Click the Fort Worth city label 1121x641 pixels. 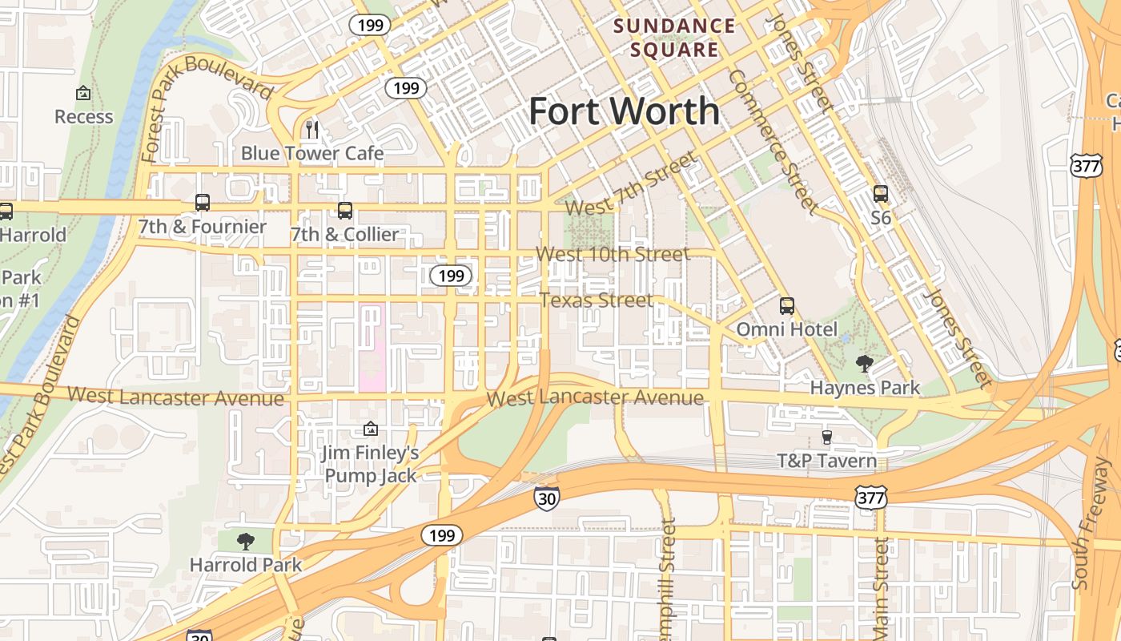point(624,111)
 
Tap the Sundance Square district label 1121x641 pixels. point(674,38)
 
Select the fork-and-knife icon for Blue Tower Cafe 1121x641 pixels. point(312,129)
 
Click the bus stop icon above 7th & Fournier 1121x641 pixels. point(203,203)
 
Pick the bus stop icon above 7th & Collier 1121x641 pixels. point(345,211)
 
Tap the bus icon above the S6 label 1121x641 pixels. point(881,194)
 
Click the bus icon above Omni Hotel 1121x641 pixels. point(787,305)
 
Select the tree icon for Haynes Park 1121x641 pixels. point(864,365)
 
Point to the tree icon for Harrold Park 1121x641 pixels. point(246,542)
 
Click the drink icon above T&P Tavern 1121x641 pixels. point(827,437)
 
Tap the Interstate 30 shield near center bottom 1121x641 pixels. point(546,498)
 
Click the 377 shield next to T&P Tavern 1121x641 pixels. point(870,498)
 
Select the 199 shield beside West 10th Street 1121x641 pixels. point(451,276)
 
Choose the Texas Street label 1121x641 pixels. point(597,301)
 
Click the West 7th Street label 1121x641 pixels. point(631,185)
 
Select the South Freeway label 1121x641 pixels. point(1092,525)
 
